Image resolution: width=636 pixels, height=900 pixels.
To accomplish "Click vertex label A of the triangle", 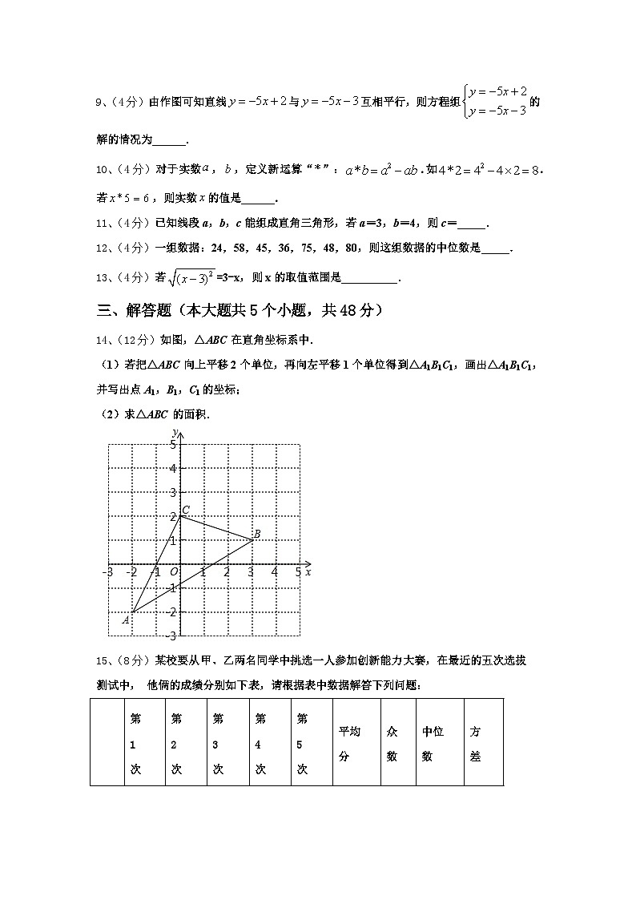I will [126, 619].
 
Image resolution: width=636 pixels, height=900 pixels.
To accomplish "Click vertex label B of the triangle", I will [256, 534].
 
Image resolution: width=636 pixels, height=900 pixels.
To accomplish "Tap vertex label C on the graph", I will [186, 510].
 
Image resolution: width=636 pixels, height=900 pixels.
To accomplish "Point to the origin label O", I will [173, 571].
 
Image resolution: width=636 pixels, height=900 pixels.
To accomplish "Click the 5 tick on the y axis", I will [172, 444].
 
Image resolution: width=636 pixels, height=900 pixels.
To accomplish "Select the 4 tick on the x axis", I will [274, 571].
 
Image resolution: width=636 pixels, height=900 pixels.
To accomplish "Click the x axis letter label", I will [308, 571].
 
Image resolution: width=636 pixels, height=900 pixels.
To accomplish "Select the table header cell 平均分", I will [349, 743].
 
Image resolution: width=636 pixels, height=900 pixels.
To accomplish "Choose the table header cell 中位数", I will [433, 743].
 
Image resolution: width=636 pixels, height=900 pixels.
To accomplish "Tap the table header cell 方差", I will [475, 743].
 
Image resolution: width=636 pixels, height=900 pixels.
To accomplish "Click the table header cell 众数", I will [392, 743].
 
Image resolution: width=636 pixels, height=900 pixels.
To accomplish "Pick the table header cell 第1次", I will [135, 743].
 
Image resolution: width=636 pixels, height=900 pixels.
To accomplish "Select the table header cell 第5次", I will [302, 743].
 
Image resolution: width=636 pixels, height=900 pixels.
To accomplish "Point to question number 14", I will [101, 340].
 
